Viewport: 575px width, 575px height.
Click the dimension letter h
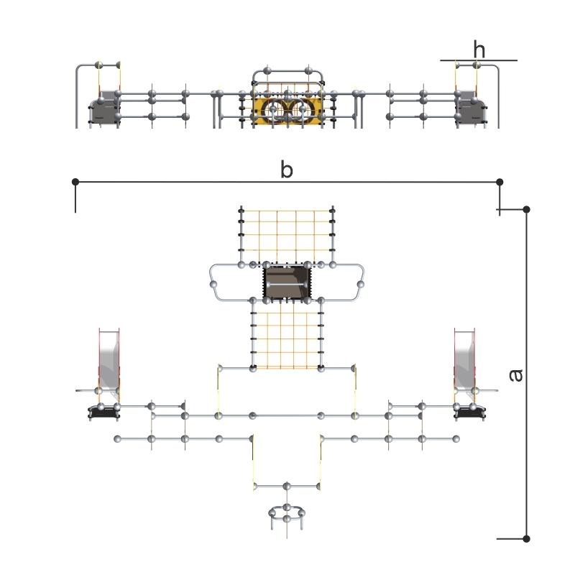[479, 49]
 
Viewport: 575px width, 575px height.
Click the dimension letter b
[286, 170]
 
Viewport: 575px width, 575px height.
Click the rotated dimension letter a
[516, 375]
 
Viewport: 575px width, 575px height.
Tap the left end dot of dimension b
[75, 182]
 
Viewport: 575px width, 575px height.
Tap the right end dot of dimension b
[499, 182]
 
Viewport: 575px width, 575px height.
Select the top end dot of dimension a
[526, 209]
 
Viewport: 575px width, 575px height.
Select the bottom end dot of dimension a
[526, 538]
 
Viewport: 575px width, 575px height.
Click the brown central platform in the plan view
[287, 282]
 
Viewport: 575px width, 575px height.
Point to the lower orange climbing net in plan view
[287, 340]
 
